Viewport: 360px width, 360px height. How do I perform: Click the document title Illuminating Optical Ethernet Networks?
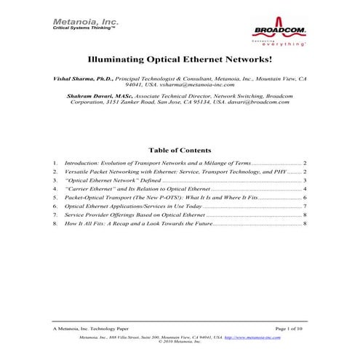(x=180, y=63)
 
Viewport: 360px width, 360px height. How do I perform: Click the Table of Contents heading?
(x=180, y=151)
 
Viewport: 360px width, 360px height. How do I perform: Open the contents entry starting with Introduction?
(x=157, y=164)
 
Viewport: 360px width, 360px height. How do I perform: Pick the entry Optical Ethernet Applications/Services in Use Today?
(x=138, y=207)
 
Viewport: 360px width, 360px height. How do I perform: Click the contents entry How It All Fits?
(x=138, y=224)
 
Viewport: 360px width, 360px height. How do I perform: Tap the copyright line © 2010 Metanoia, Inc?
(x=180, y=343)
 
